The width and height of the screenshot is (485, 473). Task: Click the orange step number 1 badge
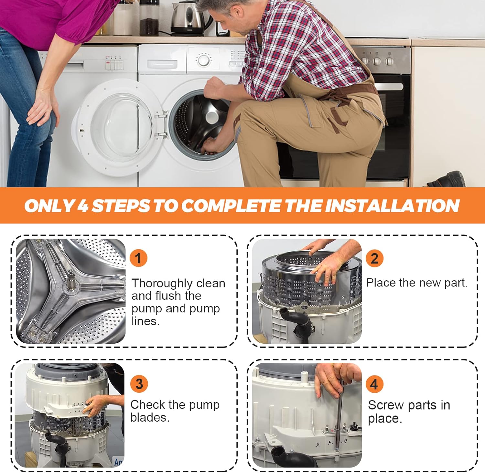click(x=138, y=258)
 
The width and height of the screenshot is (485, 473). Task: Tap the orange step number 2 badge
click(x=374, y=258)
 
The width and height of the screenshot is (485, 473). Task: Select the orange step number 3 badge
click(x=139, y=384)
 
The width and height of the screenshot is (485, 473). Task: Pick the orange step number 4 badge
click(x=374, y=384)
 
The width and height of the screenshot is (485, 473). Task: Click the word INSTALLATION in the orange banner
click(x=392, y=206)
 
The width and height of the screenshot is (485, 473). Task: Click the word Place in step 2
click(x=381, y=283)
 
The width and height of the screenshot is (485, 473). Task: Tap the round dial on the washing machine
click(x=204, y=60)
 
